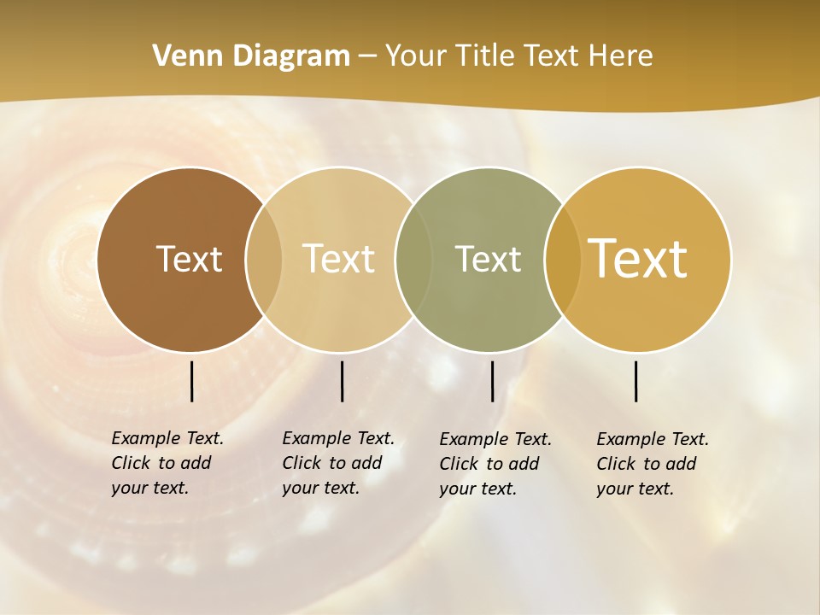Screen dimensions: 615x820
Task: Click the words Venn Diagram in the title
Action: [x=251, y=56]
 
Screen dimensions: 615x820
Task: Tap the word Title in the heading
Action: [x=484, y=56]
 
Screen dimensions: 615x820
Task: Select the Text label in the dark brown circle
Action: [x=189, y=259]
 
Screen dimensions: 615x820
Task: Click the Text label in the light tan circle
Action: [x=339, y=259]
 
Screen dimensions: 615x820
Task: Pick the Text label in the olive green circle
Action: [x=488, y=259]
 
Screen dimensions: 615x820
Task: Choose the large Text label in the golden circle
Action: [x=638, y=259]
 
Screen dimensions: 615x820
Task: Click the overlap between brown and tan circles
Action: [x=264, y=260]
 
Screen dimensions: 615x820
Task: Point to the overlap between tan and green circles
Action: [x=413, y=260]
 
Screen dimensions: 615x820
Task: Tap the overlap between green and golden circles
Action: [x=562, y=260]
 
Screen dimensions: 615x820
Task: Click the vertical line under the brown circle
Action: [x=191, y=381]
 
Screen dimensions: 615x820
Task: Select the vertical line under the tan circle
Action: [x=342, y=381]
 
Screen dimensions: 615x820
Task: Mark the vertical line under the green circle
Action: [x=492, y=381]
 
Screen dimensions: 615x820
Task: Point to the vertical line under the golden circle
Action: [x=635, y=381]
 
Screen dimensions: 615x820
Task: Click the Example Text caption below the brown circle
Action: [x=167, y=463]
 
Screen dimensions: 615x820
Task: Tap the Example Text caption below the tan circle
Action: [x=337, y=463]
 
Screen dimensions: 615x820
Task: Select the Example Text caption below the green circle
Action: [x=495, y=464]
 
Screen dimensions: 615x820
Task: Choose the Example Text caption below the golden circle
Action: [x=652, y=464]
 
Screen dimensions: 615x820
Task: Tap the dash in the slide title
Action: [x=367, y=57]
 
